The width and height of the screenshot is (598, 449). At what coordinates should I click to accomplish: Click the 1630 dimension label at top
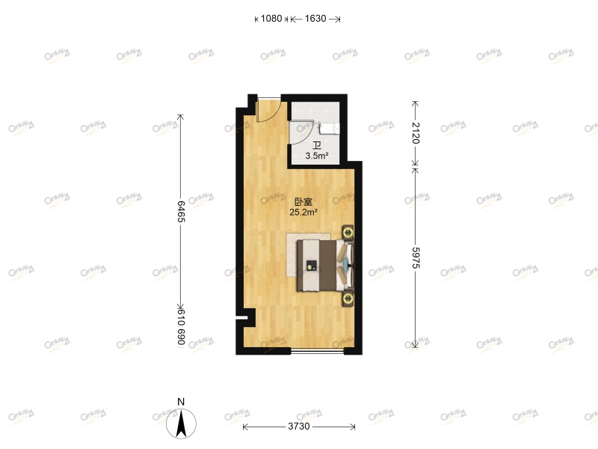pyautogui.click(x=315, y=19)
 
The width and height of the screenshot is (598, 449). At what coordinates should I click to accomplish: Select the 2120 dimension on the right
pyautogui.click(x=416, y=132)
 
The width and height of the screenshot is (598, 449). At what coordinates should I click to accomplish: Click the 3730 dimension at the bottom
pyautogui.click(x=299, y=427)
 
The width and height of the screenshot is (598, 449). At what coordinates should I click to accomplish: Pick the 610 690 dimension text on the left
pyautogui.click(x=180, y=327)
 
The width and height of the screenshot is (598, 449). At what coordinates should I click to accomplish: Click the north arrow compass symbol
pyautogui.click(x=181, y=424)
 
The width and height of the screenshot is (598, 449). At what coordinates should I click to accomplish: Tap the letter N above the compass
pyautogui.click(x=181, y=401)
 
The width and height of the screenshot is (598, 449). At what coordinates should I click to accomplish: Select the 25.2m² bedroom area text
pyautogui.click(x=303, y=212)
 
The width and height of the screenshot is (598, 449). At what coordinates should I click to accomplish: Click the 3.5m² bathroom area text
pyautogui.click(x=317, y=156)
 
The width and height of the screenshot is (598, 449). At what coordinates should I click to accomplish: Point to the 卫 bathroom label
pyautogui.click(x=317, y=146)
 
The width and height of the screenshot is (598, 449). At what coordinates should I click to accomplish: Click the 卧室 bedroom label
pyautogui.click(x=303, y=201)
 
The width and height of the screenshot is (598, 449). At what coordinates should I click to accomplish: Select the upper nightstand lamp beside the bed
pyautogui.click(x=348, y=231)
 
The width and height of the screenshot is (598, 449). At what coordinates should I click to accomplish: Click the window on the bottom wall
pyautogui.click(x=317, y=350)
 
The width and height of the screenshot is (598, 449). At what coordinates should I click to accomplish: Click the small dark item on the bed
pyautogui.click(x=310, y=263)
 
